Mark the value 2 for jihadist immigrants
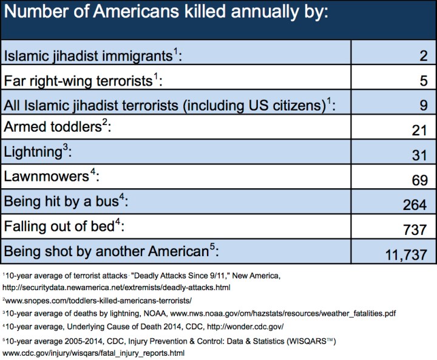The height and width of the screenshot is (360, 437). pos(424,56)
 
